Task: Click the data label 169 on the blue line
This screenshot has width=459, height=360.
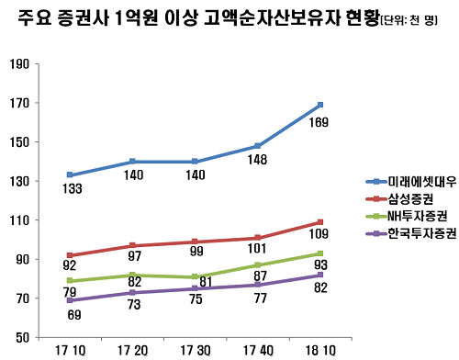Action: pos(319,122)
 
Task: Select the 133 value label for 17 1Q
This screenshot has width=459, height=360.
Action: pos(72,190)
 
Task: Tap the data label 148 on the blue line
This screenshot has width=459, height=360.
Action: pos(256,160)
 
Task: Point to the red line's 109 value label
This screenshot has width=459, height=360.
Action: pos(319,233)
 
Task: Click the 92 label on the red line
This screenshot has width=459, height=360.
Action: pos(72,268)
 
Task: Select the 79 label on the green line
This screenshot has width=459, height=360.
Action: pos(72,293)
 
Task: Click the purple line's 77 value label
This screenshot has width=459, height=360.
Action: pos(256,298)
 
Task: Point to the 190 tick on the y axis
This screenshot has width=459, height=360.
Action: pos(17,64)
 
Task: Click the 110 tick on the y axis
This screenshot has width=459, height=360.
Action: pos(17,220)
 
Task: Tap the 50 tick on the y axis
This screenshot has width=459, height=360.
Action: pos(21,338)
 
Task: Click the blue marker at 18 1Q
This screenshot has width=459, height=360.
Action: pos(319,105)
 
